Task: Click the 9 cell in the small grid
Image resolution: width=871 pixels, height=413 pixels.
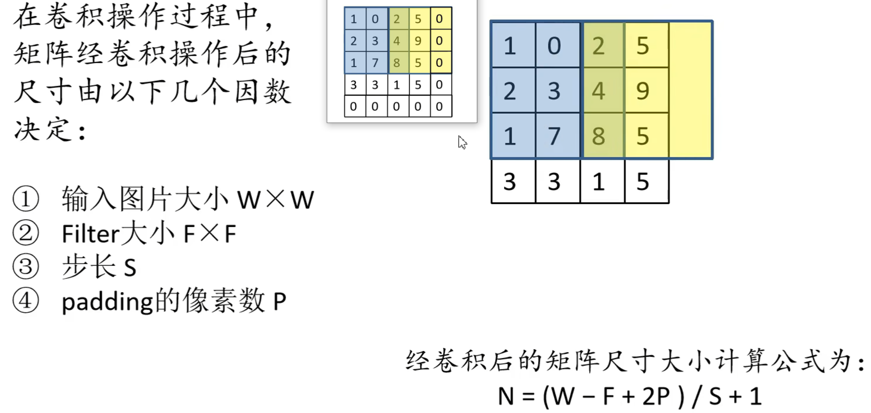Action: click(418, 41)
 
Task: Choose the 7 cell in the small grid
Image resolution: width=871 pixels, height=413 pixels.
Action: click(375, 63)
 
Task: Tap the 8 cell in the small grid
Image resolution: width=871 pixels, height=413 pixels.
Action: click(397, 63)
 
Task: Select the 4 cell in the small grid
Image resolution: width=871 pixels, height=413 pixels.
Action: click(397, 41)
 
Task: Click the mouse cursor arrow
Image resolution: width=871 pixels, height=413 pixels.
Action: click(461, 142)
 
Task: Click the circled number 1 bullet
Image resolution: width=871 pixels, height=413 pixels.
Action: click(26, 199)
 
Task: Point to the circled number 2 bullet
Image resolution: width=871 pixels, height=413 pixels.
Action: click(26, 233)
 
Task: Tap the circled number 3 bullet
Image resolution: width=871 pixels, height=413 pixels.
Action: click(26, 267)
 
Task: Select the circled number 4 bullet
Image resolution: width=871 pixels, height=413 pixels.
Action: click(26, 301)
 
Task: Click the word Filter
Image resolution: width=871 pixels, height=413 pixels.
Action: click(90, 234)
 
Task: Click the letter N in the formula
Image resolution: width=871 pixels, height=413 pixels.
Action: click(506, 396)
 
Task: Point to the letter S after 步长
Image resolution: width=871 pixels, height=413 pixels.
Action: click(130, 268)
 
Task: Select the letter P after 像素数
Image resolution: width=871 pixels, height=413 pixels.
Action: click(280, 302)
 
